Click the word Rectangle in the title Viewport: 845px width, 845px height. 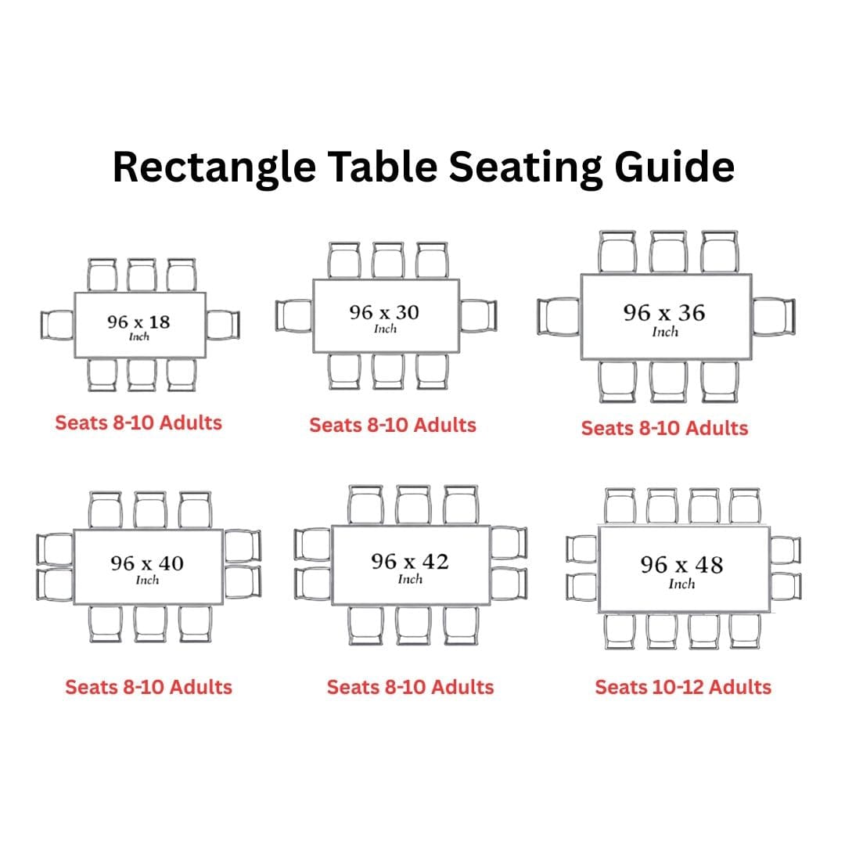(x=214, y=167)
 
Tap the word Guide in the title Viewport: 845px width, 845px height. (x=674, y=167)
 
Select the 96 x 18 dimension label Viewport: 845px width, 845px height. (x=138, y=322)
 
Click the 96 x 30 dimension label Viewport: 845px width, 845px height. (x=384, y=312)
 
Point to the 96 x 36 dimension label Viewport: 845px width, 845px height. (x=664, y=312)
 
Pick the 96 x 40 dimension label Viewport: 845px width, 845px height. (x=147, y=563)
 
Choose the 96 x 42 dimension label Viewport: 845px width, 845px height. (x=410, y=562)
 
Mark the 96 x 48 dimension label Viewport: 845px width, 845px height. (x=681, y=565)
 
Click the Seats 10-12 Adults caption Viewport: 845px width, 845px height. (x=683, y=687)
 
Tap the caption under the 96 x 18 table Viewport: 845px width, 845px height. (x=138, y=422)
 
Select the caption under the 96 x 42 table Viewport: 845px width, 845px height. (x=410, y=687)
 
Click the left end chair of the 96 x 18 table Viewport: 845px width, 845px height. (x=57, y=325)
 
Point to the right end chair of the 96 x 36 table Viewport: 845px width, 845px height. (x=773, y=316)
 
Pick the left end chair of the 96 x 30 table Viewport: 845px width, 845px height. (x=294, y=316)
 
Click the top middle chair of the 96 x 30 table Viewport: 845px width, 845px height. (x=387, y=261)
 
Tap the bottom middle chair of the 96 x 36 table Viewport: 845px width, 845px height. (x=668, y=381)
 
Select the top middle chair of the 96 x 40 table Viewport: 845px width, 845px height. (x=149, y=510)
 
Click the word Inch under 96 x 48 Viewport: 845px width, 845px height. (x=681, y=584)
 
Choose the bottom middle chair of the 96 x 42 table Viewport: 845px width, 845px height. (x=413, y=625)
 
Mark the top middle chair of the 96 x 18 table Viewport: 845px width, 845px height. (x=142, y=275)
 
